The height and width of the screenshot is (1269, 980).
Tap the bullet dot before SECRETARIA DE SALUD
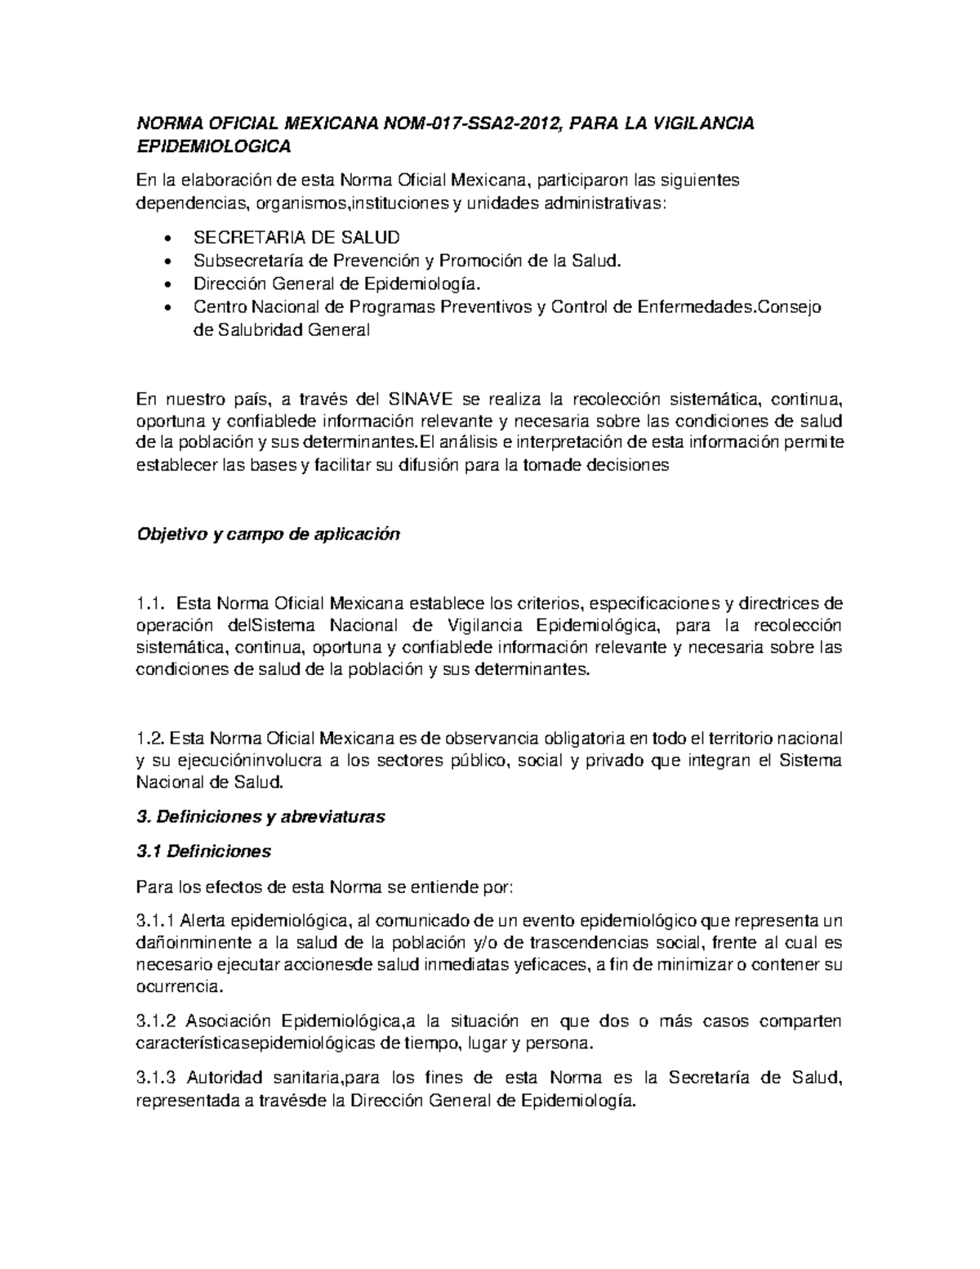(x=168, y=239)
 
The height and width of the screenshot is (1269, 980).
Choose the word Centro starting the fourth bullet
(x=219, y=307)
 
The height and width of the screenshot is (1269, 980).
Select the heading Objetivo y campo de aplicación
(x=268, y=534)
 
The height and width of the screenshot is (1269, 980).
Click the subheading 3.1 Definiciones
(x=203, y=851)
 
